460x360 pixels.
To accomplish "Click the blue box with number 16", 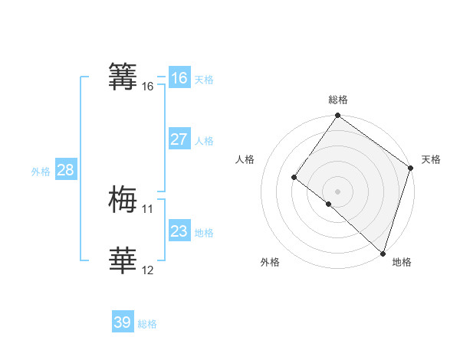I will click(x=179, y=78).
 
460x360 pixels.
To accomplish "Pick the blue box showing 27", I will click(x=179, y=139).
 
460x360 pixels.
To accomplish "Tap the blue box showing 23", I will click(x=179, y=231).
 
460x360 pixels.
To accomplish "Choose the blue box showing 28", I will click(x=65, y=170).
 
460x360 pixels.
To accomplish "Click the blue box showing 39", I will click(x=123, y=322).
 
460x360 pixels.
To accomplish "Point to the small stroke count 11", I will click(x=147, y=209).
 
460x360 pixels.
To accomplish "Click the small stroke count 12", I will click(x=147, y=270).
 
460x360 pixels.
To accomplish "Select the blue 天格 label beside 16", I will click(x=204, y=80).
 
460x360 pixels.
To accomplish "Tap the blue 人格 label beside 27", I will click(x=204, y=141).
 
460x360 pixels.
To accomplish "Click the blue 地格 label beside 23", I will click(x=204, y=233).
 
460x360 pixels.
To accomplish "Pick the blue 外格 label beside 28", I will click(x=41, y=172).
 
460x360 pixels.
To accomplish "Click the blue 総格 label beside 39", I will click(x=147, y=324).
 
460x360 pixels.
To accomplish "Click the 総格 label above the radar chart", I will click(x=338, y=100).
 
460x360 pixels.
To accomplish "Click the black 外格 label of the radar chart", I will click(x=270, y=262).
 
